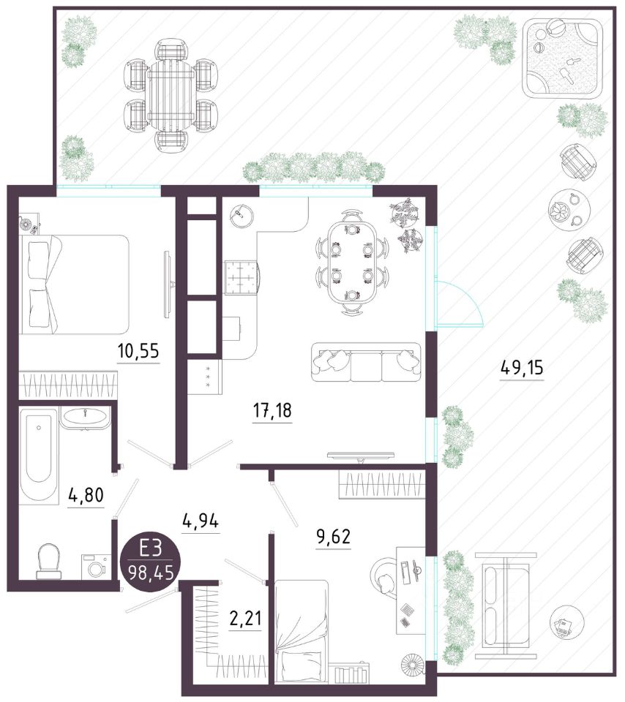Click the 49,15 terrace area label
(x=521, y=368)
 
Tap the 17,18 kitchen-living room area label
(x=272, y=409)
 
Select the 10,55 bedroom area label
(x=138, y=350)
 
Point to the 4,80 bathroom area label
(x=86, y=495)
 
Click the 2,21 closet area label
(x=245, y=619)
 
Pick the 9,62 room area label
(x=333, y=535)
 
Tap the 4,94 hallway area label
(x=201, y=521)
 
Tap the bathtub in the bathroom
(x=40, y=454)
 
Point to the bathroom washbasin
(x=85, y=418)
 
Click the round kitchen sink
(x=242, y=216)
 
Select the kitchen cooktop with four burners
(x=242, y=278)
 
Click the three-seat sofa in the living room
(x=366, y=362)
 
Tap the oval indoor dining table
(x=352, y=263)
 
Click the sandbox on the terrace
(x=564, y=61)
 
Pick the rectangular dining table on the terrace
(x=171, y=95)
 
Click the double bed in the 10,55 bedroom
(x=76, y=284)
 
